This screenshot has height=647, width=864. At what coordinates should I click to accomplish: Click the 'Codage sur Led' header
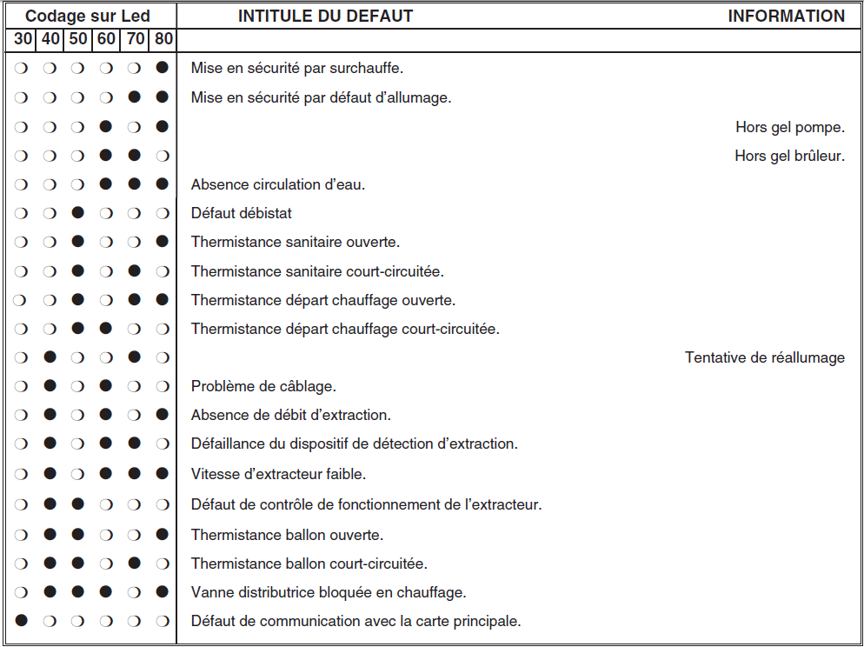coord(88,16)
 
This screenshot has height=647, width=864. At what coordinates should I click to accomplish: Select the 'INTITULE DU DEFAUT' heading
coord(325,16)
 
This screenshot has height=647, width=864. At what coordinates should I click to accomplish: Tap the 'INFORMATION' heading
coord(786,16)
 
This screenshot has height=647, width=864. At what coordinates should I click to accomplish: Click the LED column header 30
coord(23,39)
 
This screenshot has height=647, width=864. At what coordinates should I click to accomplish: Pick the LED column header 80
coord(163,39)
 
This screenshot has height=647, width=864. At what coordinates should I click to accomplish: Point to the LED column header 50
coord(78,39)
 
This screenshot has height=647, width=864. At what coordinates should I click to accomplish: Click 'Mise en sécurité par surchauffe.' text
coord(297,68)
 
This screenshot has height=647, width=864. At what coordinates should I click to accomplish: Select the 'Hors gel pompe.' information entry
coord(789,128)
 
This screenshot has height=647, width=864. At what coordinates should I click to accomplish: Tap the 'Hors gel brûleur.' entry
coord(789,157)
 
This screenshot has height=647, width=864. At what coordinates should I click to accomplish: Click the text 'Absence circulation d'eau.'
coord(277,184)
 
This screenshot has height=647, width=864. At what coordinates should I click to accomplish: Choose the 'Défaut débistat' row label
coord(242,213)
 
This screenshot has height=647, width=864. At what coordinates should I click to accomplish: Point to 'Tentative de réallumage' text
coord(764,357)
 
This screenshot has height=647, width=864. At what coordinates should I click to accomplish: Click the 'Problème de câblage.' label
coord(263,386)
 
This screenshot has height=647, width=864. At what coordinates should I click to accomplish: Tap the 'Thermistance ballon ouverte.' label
coord(287,535)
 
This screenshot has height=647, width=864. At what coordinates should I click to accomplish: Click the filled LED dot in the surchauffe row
coord(162,68)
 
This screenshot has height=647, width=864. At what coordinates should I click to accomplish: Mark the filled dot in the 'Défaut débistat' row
coord(78,213)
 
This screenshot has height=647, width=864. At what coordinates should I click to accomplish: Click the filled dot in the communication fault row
coord(22,621)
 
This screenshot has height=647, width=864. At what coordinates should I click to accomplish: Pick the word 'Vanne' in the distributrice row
coord(210,592)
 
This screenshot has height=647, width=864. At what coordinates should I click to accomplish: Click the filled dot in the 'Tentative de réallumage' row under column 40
coord(50,357)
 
